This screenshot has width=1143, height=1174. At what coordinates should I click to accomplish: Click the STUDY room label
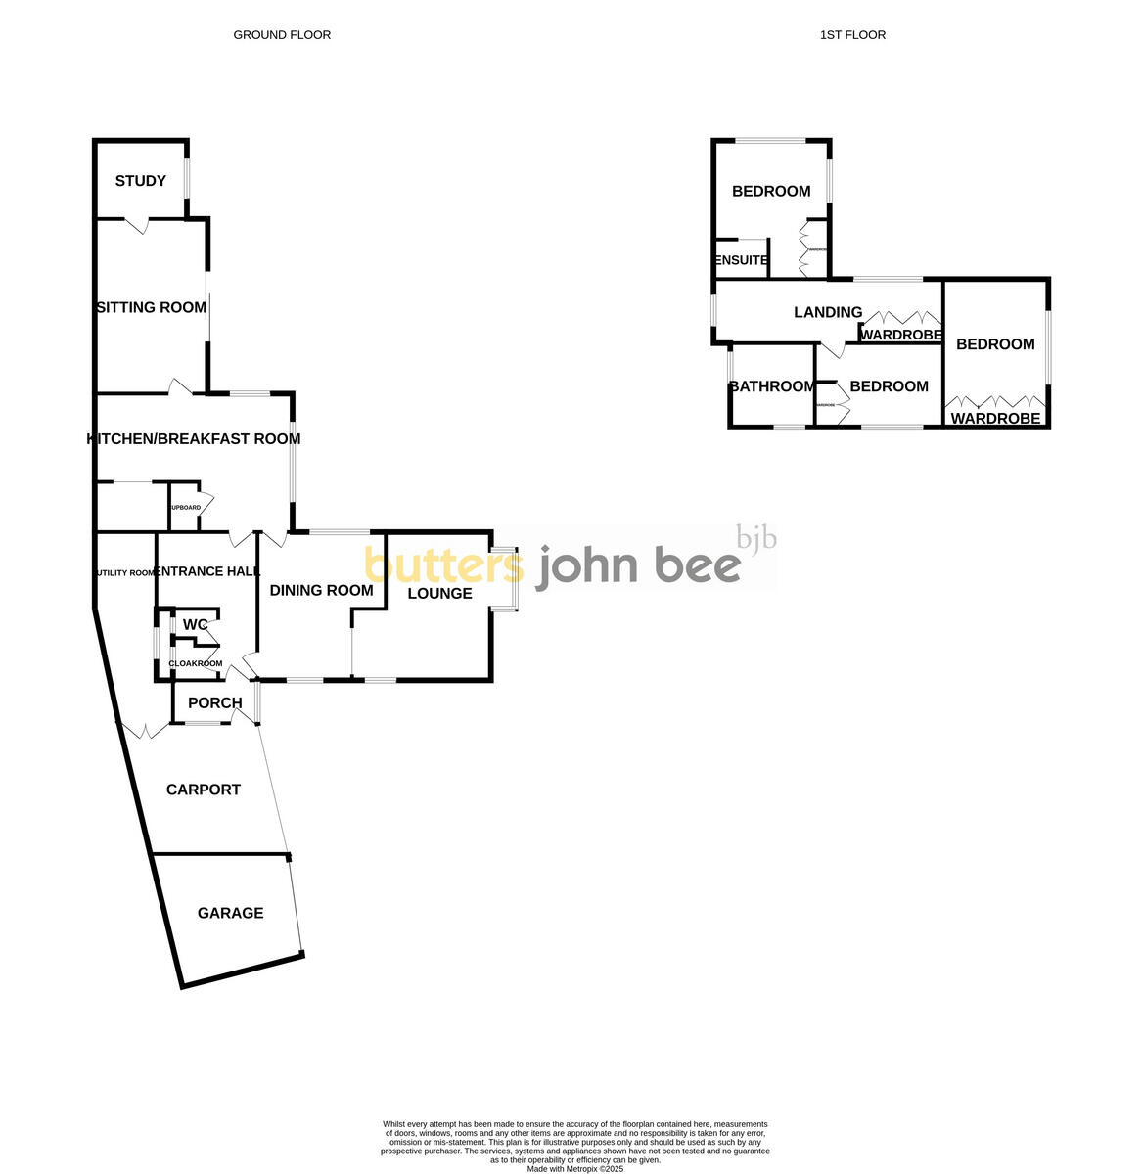pyautogui.click(x=141, y=181)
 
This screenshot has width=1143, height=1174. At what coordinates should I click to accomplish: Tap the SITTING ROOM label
pyautogui.click(x=152, y=307)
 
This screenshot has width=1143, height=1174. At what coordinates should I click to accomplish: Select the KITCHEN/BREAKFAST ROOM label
pyautogui.click(x=194, y=438)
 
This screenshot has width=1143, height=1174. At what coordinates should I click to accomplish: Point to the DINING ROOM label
pyautogui.click(x=321, y=590)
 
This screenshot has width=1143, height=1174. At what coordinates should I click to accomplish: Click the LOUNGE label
pyautogui.click(x=439, y=593)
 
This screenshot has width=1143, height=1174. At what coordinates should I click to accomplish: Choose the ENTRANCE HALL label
pyautogui.click(x=208, y=571)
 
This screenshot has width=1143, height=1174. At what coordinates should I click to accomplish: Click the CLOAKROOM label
pyautogui.click(x=196, y=663)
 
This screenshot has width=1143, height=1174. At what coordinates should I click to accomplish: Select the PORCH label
pyautogui.click(x=214, y=702)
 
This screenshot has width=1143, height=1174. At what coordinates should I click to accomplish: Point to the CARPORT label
pyautogui.click(x=204, y=790)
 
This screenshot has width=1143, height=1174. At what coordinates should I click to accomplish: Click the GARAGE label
pyautogui.click(x=231, y=913)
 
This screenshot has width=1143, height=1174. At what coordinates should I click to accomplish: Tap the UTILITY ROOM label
pyautogui.click(x=126, y=573)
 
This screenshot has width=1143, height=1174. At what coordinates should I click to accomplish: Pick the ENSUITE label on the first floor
pyautogui.click(x=742, y=260)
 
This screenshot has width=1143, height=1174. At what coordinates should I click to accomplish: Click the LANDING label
pyautogui.click(x=828, y=312)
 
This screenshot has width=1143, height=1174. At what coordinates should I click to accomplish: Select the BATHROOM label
pyautogui.click(x=772, y=386)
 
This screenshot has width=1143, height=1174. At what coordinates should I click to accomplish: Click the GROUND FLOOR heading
pyautogui.click(x=282, y=35)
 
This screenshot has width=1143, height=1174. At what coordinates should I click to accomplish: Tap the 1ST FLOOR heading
pyautogui.click(x=853, y=35)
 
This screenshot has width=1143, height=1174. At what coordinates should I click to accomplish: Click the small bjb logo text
pyautogui.click(x=756, y=537)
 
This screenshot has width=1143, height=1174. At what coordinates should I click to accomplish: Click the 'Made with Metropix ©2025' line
pyautogui.click(x=574, y=1168)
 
